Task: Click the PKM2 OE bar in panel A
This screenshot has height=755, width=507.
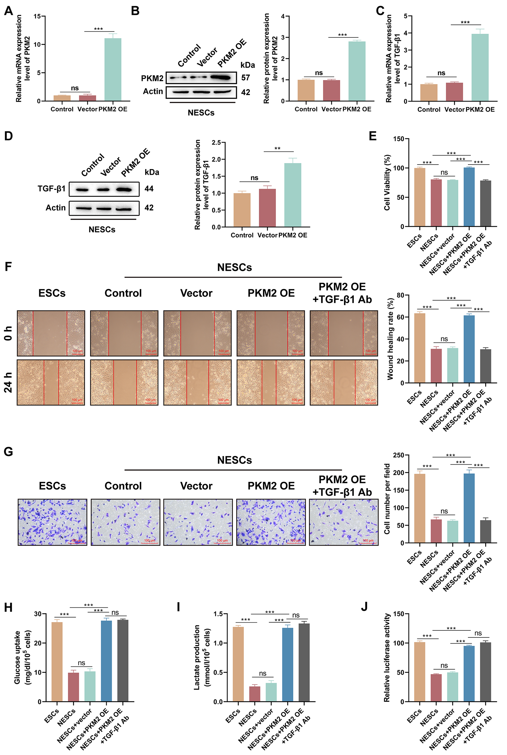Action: click(x=113, y=70)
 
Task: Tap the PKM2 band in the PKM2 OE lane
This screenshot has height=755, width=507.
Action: click(x=221, y=78)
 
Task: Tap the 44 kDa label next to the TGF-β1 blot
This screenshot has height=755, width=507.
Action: click(x=149, y=189)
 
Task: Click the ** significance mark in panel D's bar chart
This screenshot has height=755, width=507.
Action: click(x=277, y=149)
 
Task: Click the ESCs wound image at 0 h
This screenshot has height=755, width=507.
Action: click(x=51, y=333)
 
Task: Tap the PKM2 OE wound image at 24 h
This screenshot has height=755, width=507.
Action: click(x=271, y=382)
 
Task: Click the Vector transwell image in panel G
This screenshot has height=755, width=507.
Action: click(x=198, y=522)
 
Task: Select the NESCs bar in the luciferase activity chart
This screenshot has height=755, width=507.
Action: click(x=436, y=688)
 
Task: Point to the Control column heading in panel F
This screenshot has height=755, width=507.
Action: click(x=123, y=293)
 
